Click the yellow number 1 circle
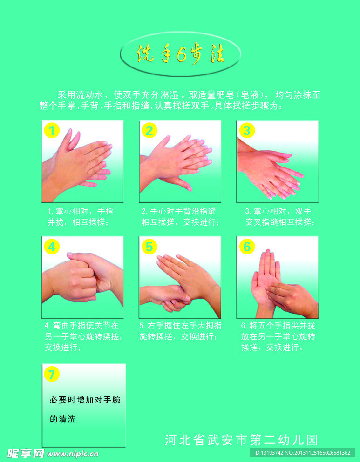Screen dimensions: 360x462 point(52,130)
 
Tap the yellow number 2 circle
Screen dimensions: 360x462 point(149,131)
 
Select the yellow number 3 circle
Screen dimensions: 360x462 point(247,131)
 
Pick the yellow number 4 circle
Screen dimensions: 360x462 point(52,246)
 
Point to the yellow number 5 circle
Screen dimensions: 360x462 point(149,246)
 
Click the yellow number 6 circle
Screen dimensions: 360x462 point(247,246)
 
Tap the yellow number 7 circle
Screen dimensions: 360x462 point(52,374)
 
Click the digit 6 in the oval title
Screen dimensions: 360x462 point(182,54)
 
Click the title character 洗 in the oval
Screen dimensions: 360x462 point(145,54)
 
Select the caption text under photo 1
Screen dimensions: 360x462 point(80,216)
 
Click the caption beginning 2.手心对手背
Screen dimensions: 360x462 point(180,216)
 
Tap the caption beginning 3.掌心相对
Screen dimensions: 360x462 point(280,216)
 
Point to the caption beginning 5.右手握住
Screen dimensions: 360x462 point(180,331)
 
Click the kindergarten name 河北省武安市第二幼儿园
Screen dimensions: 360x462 point(241,440)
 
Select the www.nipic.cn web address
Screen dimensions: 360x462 point(73,454)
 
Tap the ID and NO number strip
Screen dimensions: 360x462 point(302,453)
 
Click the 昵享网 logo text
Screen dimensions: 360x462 point(26,454)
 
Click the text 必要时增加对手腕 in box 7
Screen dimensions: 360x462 point(85,400)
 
